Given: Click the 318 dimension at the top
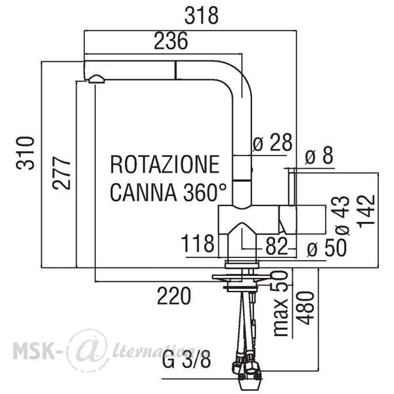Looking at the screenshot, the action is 202,16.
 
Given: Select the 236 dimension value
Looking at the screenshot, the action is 171,41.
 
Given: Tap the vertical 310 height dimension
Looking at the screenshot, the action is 25,153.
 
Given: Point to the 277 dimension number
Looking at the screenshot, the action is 62,173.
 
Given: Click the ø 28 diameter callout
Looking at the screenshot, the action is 273,142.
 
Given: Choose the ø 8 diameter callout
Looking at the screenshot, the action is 319,155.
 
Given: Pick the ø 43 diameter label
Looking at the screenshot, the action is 341,215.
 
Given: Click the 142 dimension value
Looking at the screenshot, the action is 366,211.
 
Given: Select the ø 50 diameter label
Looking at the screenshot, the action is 326,248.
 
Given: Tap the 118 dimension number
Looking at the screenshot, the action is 198,243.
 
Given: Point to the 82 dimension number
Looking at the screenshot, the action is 276,246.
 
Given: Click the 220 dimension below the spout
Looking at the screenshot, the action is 174,295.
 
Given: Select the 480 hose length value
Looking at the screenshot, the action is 305,308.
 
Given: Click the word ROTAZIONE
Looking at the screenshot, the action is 165,165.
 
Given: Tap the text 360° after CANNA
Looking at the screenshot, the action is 205,192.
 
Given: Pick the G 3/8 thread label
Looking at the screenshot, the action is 186,359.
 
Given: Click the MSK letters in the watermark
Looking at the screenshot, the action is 34,350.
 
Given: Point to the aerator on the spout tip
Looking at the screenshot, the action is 97,79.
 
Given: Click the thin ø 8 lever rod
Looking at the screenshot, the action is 292,186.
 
